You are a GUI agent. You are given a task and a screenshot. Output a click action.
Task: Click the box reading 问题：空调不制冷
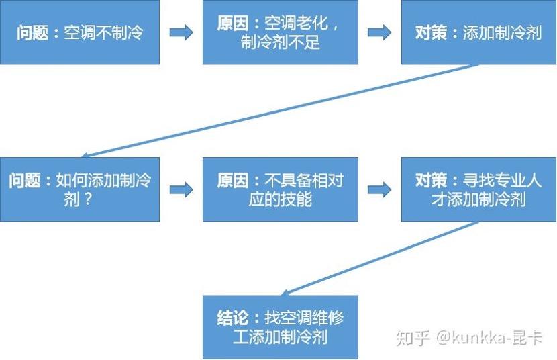[80, 32]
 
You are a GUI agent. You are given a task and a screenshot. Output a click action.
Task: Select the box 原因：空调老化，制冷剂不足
[281, 32]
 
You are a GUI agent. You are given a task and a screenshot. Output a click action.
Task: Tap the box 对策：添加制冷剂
[478, 32]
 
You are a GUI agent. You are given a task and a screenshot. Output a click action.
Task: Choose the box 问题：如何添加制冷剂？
[80, 189]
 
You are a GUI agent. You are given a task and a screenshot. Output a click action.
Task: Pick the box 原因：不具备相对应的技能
[281, 189]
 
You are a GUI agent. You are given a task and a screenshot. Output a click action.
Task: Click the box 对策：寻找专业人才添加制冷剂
[478, 189]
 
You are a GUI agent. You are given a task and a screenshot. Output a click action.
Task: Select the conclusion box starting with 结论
[281, 327]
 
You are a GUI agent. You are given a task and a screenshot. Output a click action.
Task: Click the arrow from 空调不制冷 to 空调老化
[181, 33]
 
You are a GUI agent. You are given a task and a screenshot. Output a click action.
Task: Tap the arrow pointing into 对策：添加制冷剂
[379, 33]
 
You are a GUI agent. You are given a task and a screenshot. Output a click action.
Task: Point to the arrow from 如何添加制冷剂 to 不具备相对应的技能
[181, 190]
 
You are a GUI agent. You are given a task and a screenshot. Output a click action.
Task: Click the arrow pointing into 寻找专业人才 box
[379, 190]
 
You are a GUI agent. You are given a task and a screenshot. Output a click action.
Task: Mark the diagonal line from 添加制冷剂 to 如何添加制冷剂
[280, 111]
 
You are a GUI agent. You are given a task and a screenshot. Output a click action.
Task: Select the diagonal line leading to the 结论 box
[379, 259]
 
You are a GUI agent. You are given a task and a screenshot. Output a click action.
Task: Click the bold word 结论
[233, 318]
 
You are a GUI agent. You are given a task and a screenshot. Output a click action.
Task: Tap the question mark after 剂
[87, 199]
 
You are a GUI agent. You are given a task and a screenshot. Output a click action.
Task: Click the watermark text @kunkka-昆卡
[489, 337]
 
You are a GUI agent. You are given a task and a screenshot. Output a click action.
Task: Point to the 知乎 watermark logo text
[413, 337]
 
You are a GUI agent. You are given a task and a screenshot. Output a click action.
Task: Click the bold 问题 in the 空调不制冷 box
[32, 33]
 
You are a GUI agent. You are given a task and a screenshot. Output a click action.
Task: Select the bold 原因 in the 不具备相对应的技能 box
[233, 180]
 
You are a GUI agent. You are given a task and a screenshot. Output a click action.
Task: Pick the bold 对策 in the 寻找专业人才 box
[431, 180]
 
